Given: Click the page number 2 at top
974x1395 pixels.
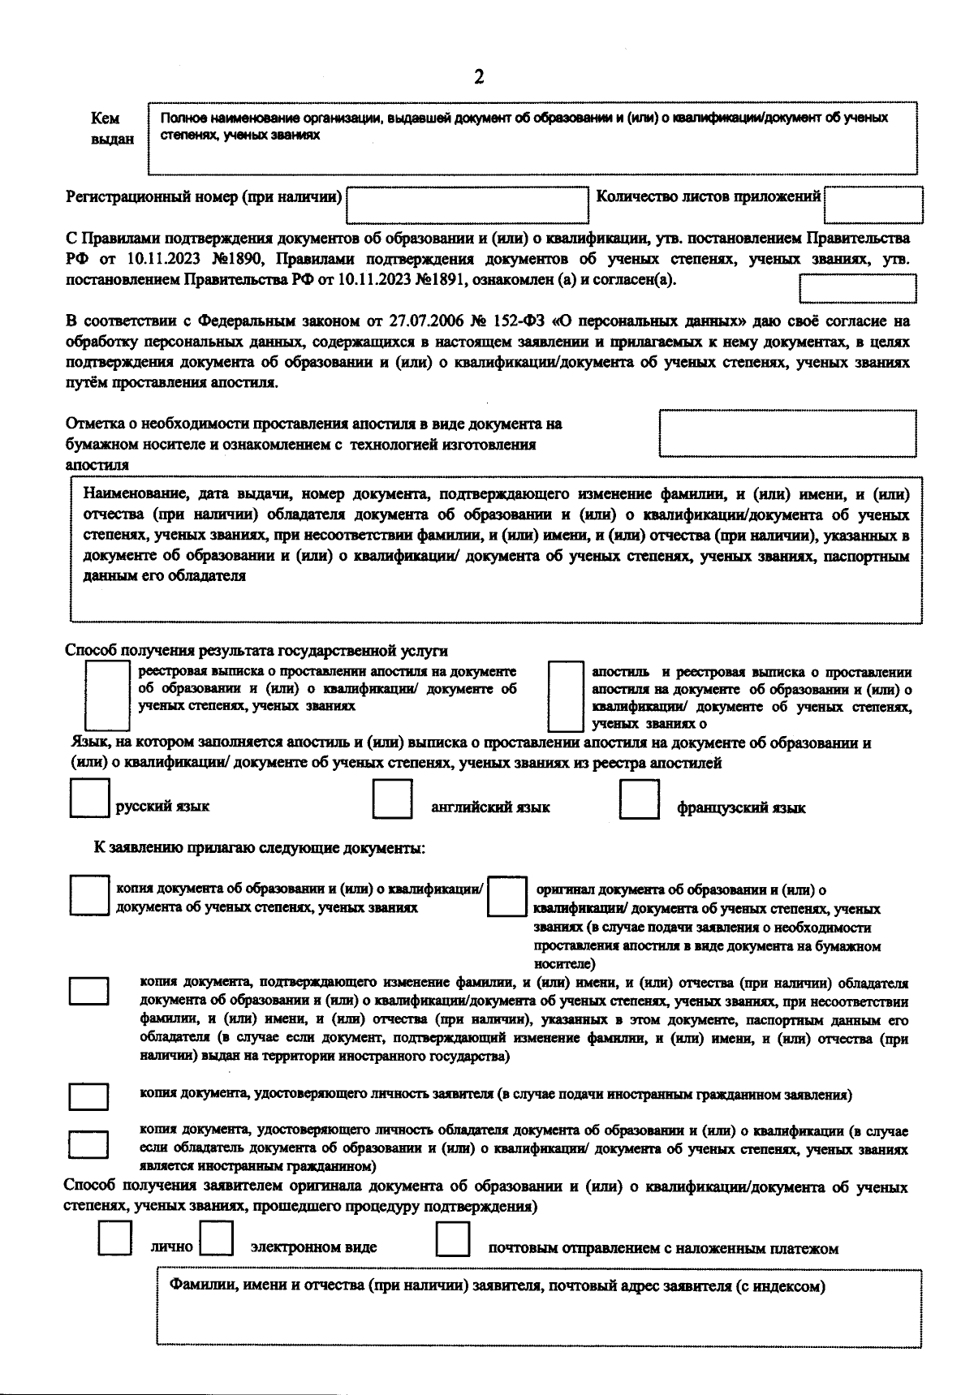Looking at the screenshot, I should pyautogui.click(x=479, y=77).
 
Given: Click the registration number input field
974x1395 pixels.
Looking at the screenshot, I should pyautogui.click(x=468, y=204).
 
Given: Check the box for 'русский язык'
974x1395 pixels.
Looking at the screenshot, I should pyautogui.click(x=89, y=799).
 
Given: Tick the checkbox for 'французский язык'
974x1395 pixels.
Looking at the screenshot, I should pyautogui.click(x=639, y=800).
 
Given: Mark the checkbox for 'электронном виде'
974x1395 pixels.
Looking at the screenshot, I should pyautogui.click(x=217, y=1239).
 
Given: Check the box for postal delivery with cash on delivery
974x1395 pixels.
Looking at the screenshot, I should pyautogui.click(x=453, y=1239).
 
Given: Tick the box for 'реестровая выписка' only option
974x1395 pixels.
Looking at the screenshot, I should pyautogui.click(x=108, y=695).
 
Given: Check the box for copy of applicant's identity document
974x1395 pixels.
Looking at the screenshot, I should pyautogui.click(x=88, y=1097).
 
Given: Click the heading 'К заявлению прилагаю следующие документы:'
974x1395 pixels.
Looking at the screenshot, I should pyautogui.click(x=260, y=849).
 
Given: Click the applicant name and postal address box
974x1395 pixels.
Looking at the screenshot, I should pyautogui.click(x=539, y=1307).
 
